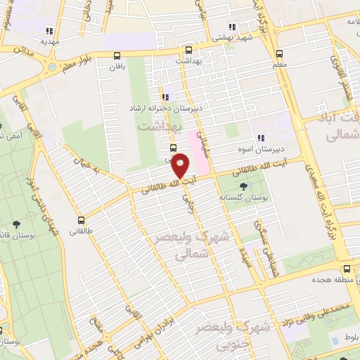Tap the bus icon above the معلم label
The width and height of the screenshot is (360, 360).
pyautogui.click(x=280, y=53)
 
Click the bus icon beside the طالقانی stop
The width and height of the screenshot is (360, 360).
pyautogui.click(x=82, y=220)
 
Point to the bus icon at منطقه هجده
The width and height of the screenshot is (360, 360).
pyautogui.click(x=347, y=269)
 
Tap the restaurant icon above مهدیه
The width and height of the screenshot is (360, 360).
pyautogui.click(x=49, y=31)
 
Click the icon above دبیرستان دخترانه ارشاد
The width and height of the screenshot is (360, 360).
pyautogui.click(x=165, y=98)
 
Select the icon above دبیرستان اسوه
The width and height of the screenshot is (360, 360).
pyautogui.click(x=260, y=138)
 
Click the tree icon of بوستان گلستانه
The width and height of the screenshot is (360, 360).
pyautogui.click(x=243, y=186)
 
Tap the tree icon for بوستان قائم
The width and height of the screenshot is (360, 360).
pyautogui.click(x=15, y=225)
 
